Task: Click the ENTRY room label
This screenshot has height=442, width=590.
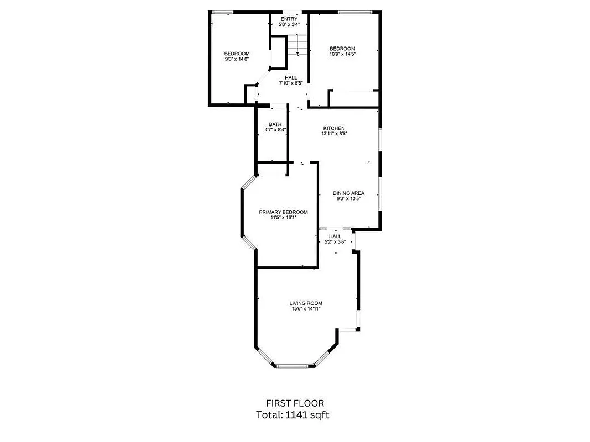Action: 289,19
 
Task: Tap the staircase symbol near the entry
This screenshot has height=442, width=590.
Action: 297,44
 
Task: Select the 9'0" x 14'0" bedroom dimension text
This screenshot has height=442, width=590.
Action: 237,59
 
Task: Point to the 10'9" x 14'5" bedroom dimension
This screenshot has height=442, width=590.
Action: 342,54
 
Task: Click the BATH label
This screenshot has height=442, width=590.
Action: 275,124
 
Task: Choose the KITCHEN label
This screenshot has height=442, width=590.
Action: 334,128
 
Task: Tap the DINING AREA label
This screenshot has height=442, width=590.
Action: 348,193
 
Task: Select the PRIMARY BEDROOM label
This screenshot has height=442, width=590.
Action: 283,212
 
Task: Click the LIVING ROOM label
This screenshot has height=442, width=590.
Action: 306,303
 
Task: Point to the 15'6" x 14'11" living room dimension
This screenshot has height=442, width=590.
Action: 306,309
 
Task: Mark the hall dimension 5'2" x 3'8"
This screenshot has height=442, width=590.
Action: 335,241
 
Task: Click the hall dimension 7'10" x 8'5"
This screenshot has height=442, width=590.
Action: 290,83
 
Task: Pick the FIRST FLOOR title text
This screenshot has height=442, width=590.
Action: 295,403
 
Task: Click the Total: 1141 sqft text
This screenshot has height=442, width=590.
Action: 295,414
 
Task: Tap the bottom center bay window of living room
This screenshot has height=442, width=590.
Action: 295,365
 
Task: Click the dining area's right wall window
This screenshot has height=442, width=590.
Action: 379,193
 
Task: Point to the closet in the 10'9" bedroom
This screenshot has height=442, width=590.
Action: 354,98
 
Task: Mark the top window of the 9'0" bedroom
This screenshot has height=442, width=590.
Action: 223,12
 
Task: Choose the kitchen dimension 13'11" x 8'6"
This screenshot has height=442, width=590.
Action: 334,134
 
